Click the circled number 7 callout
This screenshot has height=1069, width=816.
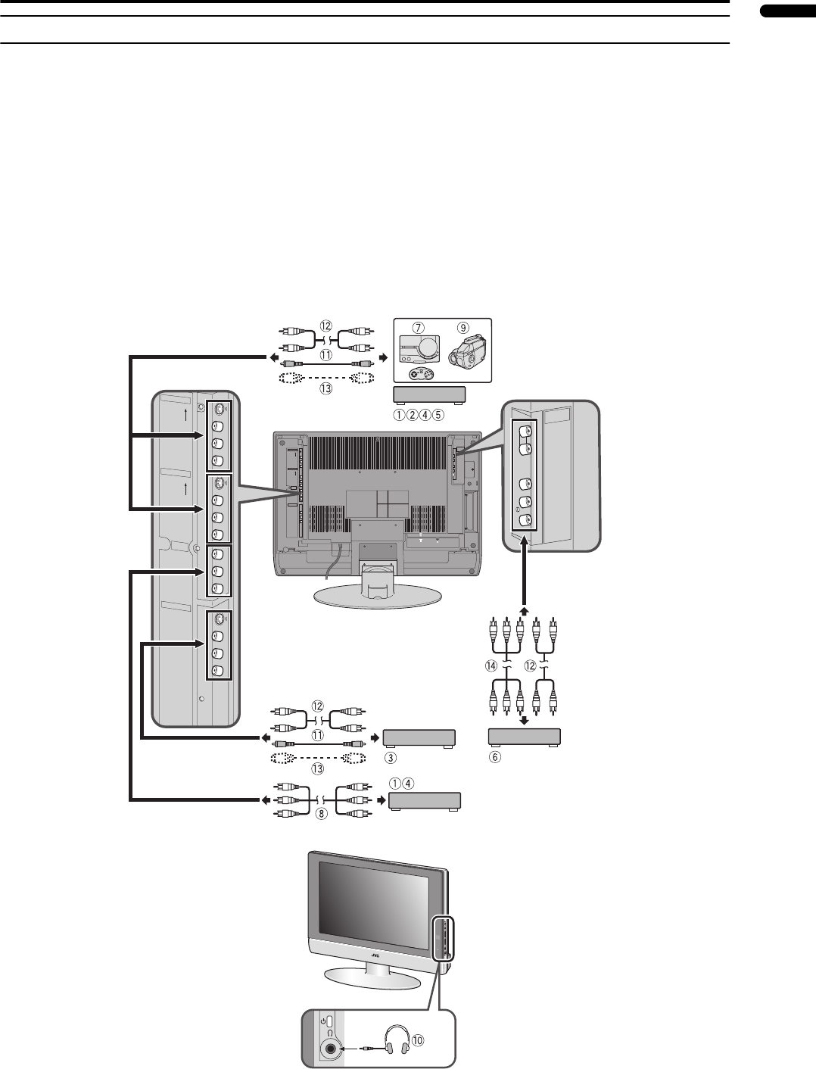[x=417, y=328]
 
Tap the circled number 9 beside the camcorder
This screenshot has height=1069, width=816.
[x=461, y=328]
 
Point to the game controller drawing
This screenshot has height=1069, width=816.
[x=419, y=374]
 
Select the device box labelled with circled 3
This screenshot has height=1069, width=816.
[x=419, y=738]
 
